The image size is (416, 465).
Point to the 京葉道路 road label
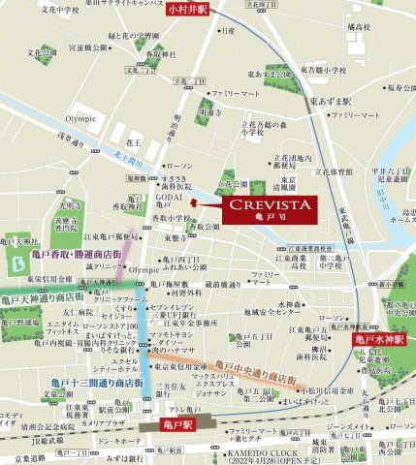(19, 454)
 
